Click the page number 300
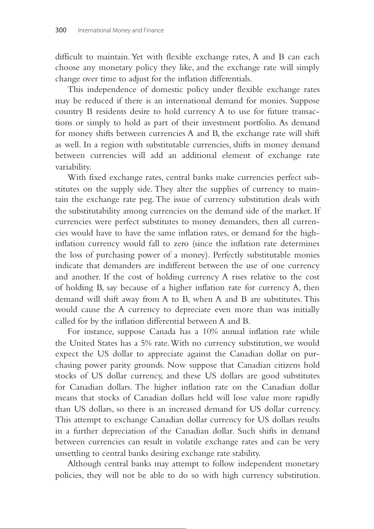pos(61,30)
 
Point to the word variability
pos(73,167)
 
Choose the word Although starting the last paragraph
pos(84,464)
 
